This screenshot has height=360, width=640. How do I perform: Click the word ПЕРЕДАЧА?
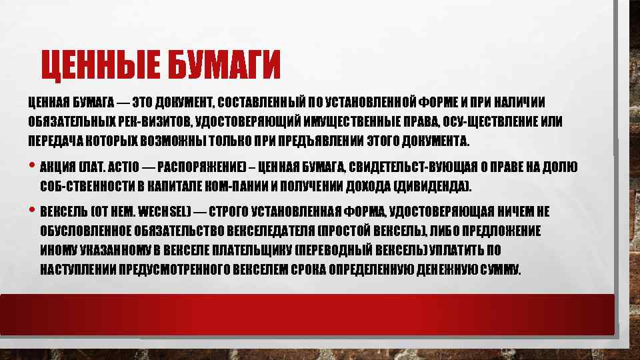pos(50,142)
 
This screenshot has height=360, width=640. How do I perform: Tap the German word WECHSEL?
pos(165,213)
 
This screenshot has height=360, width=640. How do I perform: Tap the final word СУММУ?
pos(496,270)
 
